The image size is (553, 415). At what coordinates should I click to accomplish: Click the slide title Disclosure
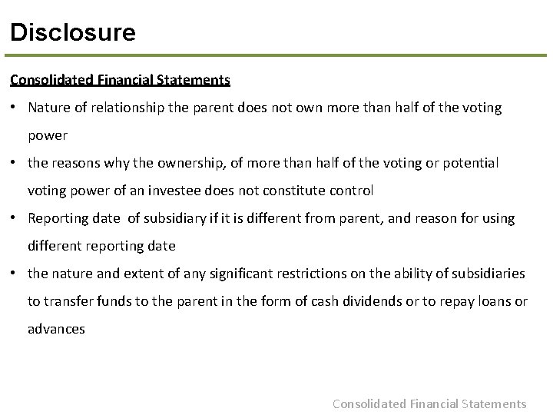click(73, 32)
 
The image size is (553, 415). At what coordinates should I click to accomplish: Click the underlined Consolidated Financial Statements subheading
click(120, 79)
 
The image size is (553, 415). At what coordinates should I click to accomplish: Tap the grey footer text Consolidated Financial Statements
click(429, 403)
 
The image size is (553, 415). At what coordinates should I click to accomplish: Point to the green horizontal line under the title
click(276, 56)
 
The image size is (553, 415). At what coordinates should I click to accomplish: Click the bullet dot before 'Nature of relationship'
click(15, 108)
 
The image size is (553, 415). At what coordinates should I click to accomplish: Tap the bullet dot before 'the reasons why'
click(15, 164)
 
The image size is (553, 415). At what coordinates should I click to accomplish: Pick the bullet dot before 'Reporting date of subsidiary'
click(15, 219)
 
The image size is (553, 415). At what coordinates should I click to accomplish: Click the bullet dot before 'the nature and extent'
click(15, 274)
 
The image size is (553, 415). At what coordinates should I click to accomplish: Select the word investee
click(236, 191)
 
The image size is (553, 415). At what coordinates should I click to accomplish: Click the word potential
click(471, 163)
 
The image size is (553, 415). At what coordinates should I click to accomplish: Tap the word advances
click(56, 329)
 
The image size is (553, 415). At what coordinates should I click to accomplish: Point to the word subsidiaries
click(488, 274)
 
